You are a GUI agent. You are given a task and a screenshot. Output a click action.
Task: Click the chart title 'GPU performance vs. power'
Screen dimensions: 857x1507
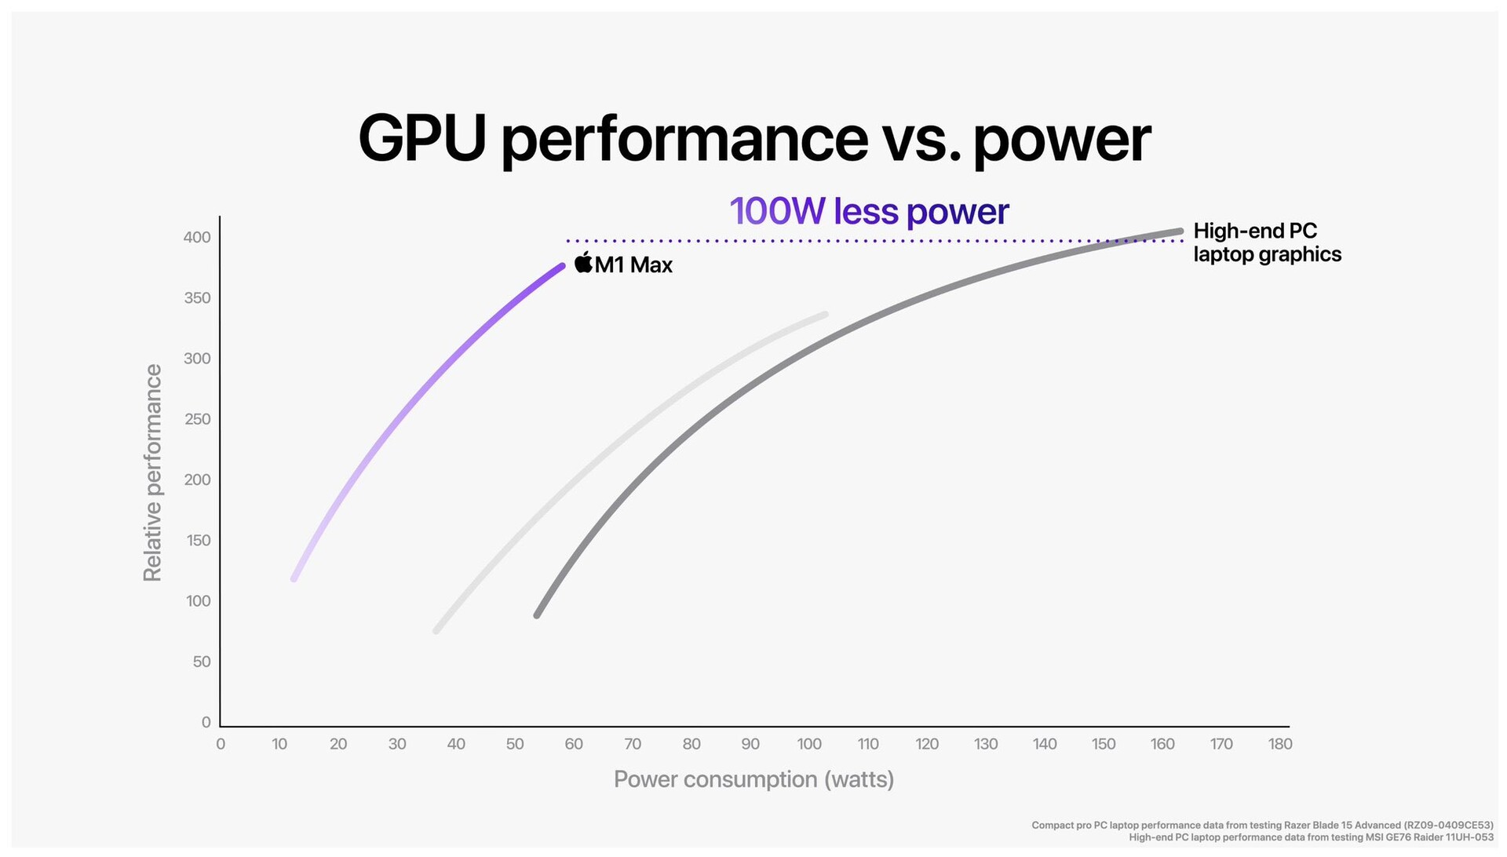753,139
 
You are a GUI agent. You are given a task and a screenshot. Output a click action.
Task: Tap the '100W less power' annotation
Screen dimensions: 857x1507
869,211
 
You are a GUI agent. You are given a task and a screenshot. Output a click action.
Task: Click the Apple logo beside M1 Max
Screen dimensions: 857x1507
583,263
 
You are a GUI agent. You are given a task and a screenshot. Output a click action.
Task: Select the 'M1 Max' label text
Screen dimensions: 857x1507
633,265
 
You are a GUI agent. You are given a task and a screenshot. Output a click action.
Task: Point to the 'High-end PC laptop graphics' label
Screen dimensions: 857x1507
1266,243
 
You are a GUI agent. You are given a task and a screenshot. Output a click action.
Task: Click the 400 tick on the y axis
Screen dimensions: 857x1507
197,237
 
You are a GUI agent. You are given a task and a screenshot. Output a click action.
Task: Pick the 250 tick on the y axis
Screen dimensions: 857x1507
197,419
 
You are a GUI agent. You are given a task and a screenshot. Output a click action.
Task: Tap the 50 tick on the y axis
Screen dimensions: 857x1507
202,662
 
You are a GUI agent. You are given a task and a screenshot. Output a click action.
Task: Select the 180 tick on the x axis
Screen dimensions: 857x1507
1279,744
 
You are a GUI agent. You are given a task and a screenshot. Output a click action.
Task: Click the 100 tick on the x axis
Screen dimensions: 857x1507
808,744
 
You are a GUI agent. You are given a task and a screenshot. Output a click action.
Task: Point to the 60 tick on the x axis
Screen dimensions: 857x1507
574,744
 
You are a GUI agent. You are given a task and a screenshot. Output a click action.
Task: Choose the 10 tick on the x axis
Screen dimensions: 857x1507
279,744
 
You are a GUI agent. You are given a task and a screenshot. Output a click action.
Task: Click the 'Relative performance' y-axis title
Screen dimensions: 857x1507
152,472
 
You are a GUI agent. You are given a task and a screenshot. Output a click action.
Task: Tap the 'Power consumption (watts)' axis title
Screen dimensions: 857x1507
753,779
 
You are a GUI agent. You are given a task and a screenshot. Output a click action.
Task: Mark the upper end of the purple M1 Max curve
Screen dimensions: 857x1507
561,267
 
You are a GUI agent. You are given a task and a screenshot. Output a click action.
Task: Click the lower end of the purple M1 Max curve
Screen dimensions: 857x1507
294,578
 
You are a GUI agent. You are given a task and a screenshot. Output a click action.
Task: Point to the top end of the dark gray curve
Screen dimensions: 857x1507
1180,232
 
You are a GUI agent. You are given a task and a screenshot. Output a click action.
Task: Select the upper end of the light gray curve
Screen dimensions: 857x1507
824,315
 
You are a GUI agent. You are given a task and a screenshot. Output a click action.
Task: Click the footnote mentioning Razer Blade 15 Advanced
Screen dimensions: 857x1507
1262,825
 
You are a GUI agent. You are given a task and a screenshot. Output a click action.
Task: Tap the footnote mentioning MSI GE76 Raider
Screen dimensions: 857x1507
1311,837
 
